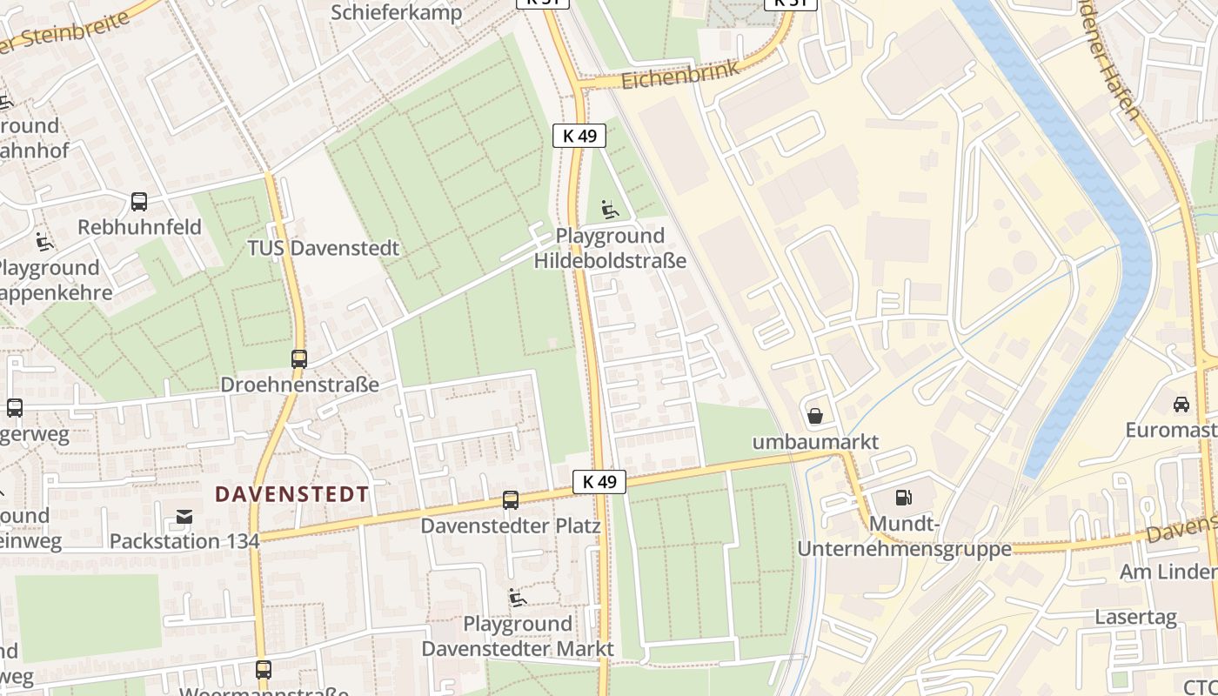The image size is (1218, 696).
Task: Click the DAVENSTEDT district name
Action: [291, 494]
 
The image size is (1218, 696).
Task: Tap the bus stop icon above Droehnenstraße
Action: [299, 358]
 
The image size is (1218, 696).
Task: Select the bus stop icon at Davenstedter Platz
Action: [511, 500]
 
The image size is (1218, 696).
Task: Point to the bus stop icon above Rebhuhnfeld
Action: [138, 202]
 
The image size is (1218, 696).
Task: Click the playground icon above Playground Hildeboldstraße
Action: [610, 210]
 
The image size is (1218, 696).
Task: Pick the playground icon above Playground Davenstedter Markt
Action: [518, 598]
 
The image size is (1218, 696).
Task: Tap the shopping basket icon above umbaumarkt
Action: [815, 416]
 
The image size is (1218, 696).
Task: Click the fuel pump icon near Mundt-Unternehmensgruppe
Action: [904, 498]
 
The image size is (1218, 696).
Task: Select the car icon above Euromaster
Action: [1181, 404]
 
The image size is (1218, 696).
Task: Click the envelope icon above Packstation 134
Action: [184, 517]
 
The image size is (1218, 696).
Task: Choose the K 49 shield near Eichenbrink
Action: [579, 135]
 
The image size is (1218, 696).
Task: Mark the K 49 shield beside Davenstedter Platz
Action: [599, 481]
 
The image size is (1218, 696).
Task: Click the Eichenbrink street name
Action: [680, 75]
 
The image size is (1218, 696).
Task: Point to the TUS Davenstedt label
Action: [323, 248]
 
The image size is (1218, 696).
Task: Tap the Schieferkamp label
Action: [397, 12]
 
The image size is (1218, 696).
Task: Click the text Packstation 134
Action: [184, 541]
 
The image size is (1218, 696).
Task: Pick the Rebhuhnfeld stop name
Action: [139, 227]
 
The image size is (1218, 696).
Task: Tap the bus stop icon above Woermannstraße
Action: [264, 670]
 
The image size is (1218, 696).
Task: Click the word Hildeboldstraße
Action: [610, 261]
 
